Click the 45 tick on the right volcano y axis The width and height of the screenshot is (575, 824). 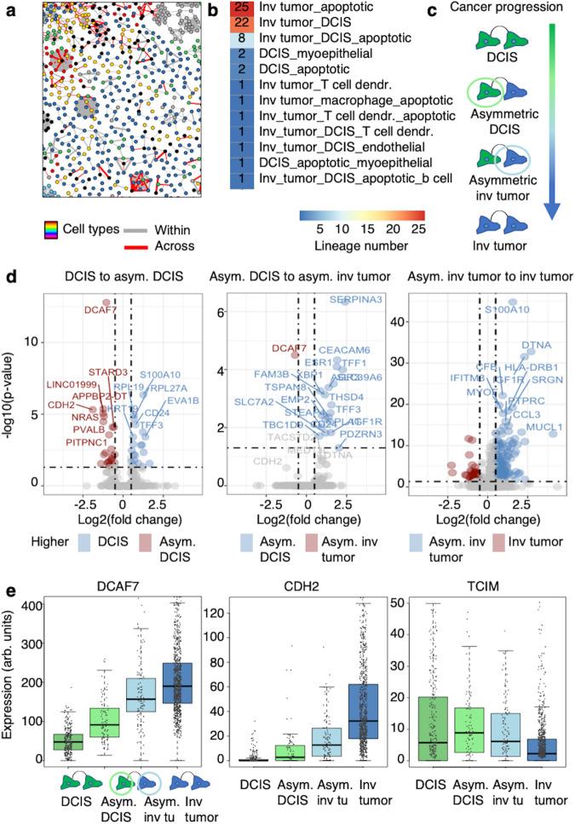coord(393,302)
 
